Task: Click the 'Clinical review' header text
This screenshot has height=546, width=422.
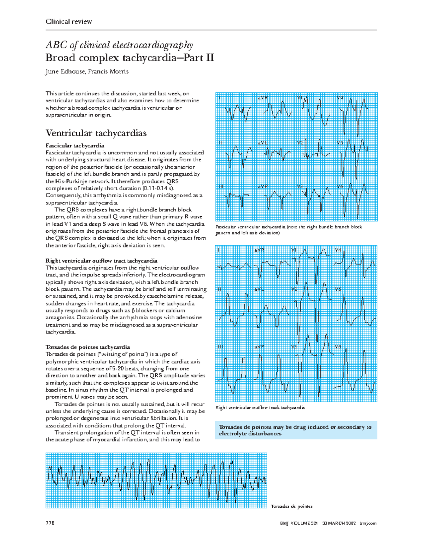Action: (69, 21)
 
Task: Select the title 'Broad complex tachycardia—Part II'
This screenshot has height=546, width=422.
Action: (130, 58)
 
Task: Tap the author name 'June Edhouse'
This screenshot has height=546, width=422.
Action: (65, 72)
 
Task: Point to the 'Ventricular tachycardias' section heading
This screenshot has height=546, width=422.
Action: (96, 133)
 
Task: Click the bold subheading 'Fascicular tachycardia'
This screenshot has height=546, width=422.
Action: (75, 146)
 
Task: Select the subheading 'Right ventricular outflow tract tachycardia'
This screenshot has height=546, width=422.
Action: (101, 261)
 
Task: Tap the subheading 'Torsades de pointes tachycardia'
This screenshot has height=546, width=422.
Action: (88, 347)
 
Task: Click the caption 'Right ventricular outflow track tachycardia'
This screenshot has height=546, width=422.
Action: (260, 407)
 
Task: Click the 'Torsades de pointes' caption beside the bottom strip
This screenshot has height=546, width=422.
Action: (292, 506)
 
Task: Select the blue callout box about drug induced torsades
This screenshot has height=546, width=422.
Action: (295, 430)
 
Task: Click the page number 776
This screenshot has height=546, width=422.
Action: (50, 523)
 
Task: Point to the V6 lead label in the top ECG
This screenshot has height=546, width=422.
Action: (340, 187)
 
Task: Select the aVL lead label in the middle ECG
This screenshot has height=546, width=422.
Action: (259, 290)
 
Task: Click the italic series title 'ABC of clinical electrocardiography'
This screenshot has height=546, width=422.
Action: (119, 45)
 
